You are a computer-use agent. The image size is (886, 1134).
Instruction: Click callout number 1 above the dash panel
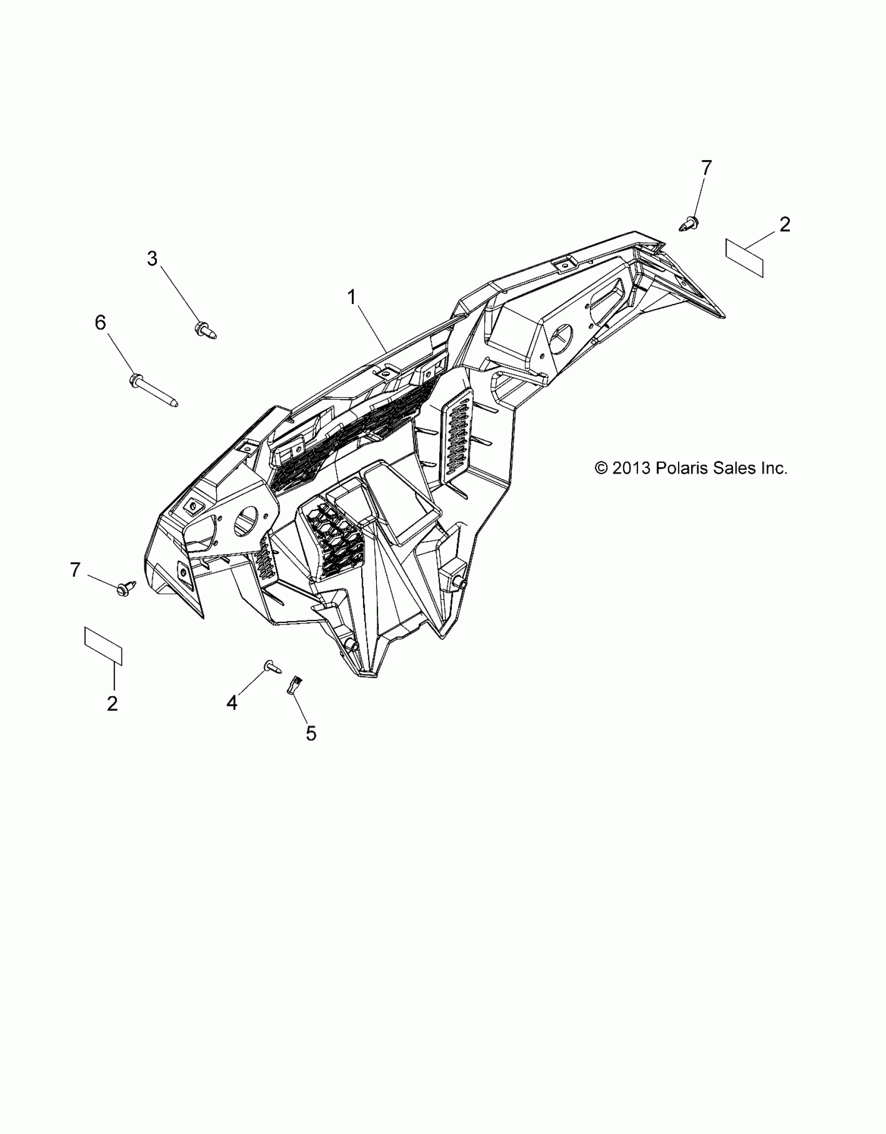[352, 298]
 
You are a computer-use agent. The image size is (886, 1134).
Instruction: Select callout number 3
[152, 259]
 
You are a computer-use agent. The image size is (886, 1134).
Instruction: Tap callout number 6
[100, 323]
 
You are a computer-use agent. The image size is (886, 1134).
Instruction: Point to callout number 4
[232, 703]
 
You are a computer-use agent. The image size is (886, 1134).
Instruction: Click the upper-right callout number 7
[706, 168]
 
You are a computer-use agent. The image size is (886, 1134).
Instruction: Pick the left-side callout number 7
[76, 570]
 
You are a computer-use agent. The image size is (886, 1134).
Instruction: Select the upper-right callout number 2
[784, 224]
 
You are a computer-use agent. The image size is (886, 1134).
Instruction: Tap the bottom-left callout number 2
[112, 704]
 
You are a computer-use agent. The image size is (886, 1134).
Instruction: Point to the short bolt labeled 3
[205, 331]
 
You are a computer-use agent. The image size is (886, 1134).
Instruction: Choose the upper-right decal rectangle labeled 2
[745, 258]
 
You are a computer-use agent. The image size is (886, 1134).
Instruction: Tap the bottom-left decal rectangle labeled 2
[103, 647]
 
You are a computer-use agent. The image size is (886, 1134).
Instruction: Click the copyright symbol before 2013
[601, 468]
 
